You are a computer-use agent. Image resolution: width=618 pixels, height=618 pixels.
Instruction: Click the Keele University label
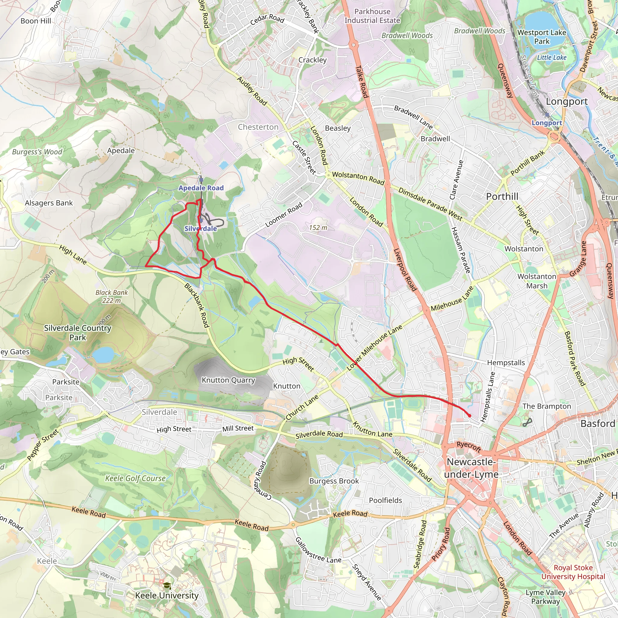coord(167,595)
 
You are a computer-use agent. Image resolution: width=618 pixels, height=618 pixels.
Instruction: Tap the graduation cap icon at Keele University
coord(167,585)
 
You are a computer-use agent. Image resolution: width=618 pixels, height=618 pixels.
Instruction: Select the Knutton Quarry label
coord(228,380)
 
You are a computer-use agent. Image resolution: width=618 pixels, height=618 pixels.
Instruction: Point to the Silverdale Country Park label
coord(78,332)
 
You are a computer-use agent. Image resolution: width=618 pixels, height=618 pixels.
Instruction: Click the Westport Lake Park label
coord(542,37)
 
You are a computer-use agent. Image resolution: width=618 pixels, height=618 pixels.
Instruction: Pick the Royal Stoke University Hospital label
coord(573,572)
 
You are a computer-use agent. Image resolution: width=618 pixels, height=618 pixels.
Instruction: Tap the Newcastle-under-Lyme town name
coord(471,468)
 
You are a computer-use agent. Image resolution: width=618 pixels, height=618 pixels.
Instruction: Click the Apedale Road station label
coord(201,188)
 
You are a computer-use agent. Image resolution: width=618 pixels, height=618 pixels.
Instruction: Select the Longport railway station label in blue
coord(547,123)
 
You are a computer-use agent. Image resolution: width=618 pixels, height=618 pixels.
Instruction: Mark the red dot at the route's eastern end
coord(469,416)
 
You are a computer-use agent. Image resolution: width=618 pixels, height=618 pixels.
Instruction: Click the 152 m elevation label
coord(318,228)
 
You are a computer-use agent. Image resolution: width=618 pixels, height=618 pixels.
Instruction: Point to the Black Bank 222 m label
coord(112,296)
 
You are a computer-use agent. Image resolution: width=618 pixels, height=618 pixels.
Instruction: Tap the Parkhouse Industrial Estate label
coord(372,16)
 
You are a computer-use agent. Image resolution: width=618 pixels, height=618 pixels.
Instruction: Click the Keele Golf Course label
coord(135,478)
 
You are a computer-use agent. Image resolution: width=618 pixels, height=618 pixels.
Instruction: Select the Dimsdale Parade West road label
coord(430,204)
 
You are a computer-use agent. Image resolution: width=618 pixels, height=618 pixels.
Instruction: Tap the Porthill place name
coord(502,196)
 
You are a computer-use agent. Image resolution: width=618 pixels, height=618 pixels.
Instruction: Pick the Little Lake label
coord(552,58)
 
